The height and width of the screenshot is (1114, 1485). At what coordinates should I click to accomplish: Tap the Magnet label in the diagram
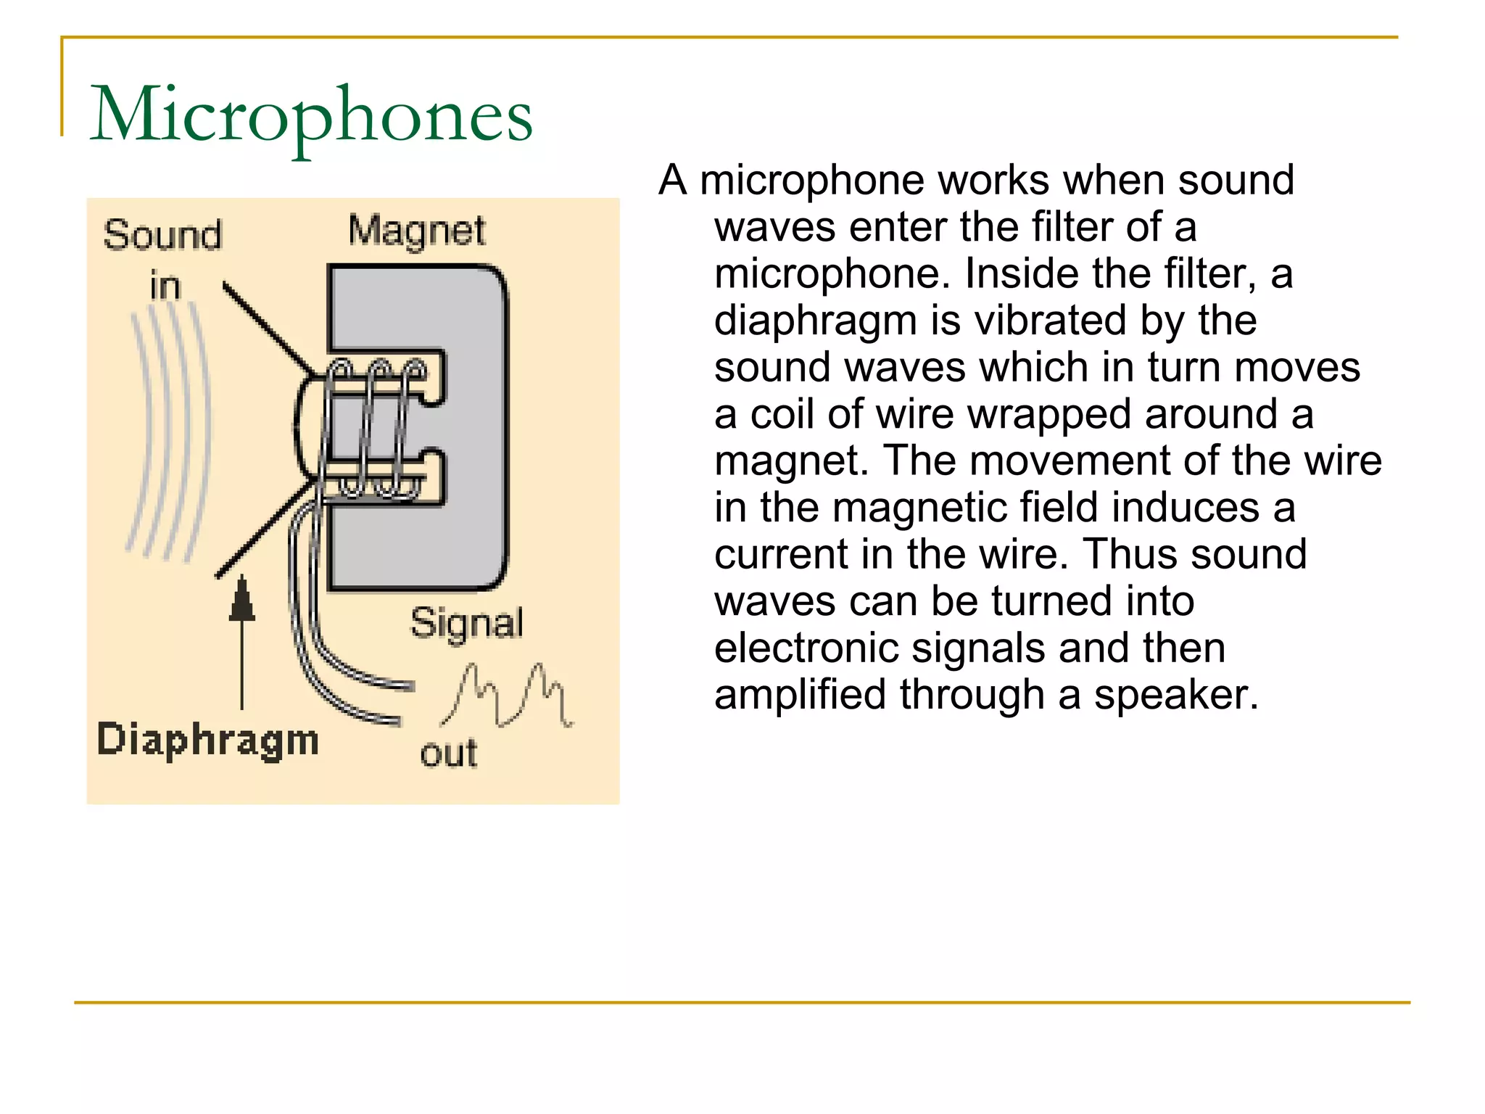pos(416,231)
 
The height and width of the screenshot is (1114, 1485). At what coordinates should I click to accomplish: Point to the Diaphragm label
pos(208,740)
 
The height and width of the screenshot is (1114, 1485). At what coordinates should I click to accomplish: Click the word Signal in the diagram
pos(466,623)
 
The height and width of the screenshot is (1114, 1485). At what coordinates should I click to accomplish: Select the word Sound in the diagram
pos(162,235)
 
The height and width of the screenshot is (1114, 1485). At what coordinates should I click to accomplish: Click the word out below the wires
pos(449,754)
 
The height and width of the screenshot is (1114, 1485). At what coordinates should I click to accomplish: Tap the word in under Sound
pos(165,286)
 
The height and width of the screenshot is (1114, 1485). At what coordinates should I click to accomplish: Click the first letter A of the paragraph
pos(673,181)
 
